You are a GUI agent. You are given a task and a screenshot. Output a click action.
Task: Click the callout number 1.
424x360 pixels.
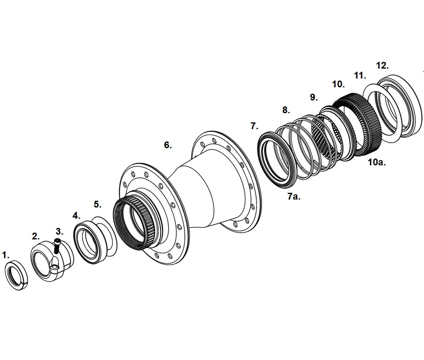pyautogui.click(x=6, y=255)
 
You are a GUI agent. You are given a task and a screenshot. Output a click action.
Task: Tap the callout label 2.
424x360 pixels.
pyautogui.click(x=36, y=236)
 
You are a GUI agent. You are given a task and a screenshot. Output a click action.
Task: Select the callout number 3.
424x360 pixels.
pyautogui.click(x=59, y=231)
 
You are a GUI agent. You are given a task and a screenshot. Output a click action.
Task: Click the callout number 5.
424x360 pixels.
pyautogui.click(x=98, y=204)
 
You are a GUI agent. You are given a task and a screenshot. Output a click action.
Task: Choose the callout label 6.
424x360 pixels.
pyautogui.click(x=168, y=145)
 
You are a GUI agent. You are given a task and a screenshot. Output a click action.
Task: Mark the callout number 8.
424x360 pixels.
pyautogui.click(x=286, y=110)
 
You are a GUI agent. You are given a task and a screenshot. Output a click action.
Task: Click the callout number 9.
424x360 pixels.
pyautogui.click(x=313, y=97)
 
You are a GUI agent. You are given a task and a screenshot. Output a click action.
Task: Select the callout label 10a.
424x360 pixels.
pyautogui.click(x=376, y=162)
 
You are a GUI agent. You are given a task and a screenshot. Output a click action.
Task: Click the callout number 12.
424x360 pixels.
pyautogui.click(x=382, y=65)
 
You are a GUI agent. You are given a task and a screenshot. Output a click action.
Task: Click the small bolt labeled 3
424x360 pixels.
pyautogui.click(x=57, y=246)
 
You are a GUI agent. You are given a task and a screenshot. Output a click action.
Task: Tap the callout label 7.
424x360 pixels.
pyautogui.click(x=254, y=126)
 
